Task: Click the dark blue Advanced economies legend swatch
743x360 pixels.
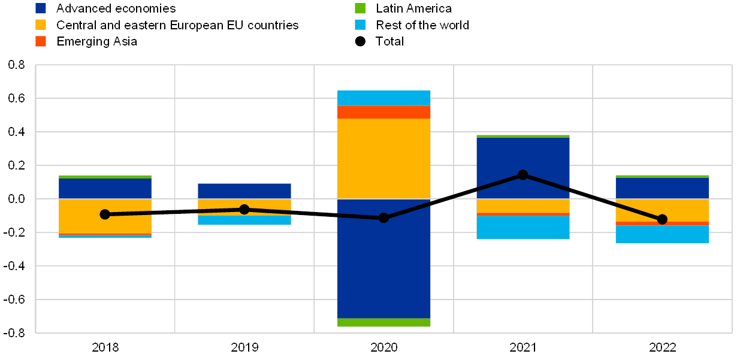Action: coord(41,8)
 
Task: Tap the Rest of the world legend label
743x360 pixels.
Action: coord(423,25)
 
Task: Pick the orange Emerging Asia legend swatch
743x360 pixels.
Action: coord(41,41)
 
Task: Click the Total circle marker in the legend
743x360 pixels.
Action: coord(360,41)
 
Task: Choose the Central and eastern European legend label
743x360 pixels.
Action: coord(177,25)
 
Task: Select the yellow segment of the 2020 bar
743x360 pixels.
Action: coord(384,158)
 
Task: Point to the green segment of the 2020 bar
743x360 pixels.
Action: coord(384,322)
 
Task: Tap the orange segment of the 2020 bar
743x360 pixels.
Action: coord(384,112)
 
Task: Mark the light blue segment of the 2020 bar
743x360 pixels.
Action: coord(384,98)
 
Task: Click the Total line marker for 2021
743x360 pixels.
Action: coord(523,175)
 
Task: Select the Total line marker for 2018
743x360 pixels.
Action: coord(105,214)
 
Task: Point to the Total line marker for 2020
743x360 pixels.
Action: coord(384,217)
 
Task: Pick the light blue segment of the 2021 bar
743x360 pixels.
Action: coord(523,228)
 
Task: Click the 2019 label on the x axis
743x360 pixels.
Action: coord(244,347)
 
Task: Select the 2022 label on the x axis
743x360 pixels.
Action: coord(662,347)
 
